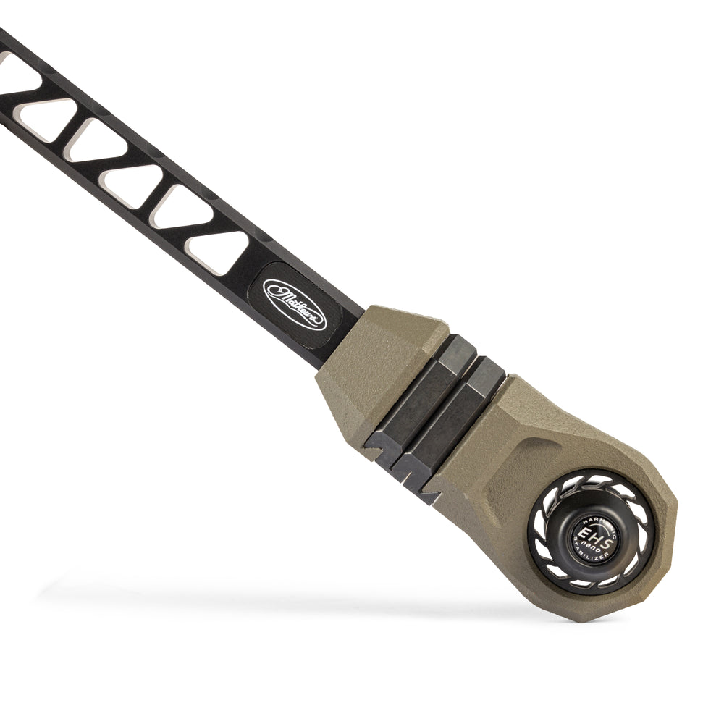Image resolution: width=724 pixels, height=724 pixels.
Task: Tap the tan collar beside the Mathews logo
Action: pyautogui.click(x=376, y=369)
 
